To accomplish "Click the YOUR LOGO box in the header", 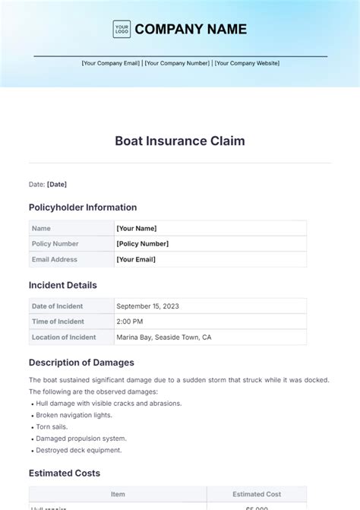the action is click(122, 29).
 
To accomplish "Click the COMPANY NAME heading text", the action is click(191, 29).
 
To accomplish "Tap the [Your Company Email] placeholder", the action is click(111, 63).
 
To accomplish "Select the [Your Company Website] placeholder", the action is click(247, 63).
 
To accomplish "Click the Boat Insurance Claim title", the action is click(180, 141).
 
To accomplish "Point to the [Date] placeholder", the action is click(57, 184).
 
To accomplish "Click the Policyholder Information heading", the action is click(83, 207).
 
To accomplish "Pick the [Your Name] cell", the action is click(137, 228).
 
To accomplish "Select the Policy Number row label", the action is click(55, 243).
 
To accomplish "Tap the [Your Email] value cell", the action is click(136, 259).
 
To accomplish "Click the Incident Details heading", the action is click(63, 285).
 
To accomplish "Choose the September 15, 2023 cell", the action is click(148, 306).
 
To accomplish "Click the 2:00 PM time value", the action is click(130, 322).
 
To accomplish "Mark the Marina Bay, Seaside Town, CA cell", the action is click(163, 337).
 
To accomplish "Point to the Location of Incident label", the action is click(64, 337).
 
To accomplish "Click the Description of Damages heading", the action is click(81, 363).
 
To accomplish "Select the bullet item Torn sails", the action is click(54, 427).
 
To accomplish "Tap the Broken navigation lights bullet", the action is click(74, 415).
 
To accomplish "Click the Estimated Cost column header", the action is click(257, 494).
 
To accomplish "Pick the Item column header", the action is click(118, 494).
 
